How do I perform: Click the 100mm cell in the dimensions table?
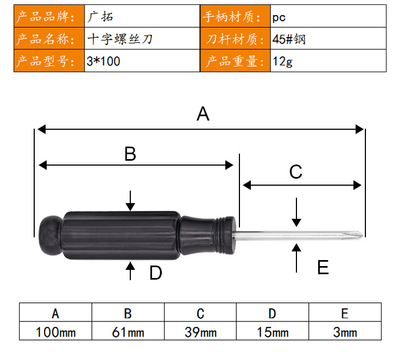coord(55,331)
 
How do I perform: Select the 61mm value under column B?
coord(128,331)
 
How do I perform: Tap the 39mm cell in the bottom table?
coord(200,331)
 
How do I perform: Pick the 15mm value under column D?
coord(273,331)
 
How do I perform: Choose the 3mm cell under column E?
coord(345,331)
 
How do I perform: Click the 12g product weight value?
coord(328,61)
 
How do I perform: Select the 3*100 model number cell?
coord(142,61)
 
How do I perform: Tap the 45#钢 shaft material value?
coord(328,39)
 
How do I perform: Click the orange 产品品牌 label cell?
coord(49,16)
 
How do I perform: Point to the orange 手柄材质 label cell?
coord(235,16)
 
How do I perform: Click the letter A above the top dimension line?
coord(203,114)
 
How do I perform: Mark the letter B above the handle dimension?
coord(130,154)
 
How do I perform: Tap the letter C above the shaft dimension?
coord(296,172)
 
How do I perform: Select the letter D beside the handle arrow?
coord(156,273)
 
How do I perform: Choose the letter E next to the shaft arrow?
coord(323,267)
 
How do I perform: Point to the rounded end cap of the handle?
coord(51,235)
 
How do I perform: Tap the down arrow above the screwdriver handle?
coord(130,201)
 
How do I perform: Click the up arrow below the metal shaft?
coord(296,258)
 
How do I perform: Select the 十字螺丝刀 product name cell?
coord(142,39)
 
